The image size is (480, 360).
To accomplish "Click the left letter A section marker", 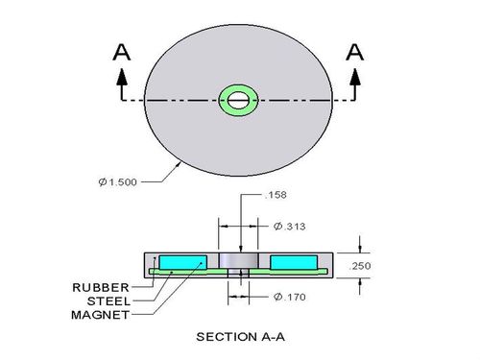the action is (x=122, y=53).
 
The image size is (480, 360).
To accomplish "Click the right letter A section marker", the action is (x=355, y=53).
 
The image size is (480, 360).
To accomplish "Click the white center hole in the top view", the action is (x=238, y=100).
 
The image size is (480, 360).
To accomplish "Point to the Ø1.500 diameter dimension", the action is (x=118, y=182).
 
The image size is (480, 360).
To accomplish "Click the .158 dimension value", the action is (x=276, y=195).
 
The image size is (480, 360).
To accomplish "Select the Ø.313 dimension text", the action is (x=290, y=227).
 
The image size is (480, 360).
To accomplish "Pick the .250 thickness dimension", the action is (x=360, y=266).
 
